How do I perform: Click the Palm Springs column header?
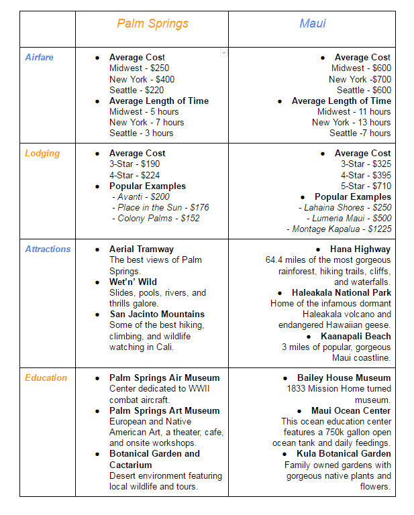pyautogui.click(x=152, y=23)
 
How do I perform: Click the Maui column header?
pyautogui.click(x=312, y=23)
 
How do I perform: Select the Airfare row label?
pyautogui.click(x=39, y=57)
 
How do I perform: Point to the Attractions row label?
pyautogui.click(x=48, y=249)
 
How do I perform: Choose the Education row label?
pyautogui.click(x=46, y=378)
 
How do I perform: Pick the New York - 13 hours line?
pyautogui.click(x=351, y=122)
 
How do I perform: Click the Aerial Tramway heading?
pyautogui.click(x=141, y=249)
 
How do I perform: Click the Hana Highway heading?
pyautogui.click(x=360, y=249)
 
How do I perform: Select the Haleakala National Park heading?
pyautogui.click(x=341, y=292)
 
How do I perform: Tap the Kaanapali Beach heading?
pyautogui.click(x=355, y=336)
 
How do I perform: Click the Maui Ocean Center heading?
pyautogui.click(x=350, y=410)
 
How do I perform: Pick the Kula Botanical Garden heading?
pyautogui.click(x=344, y=453)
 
